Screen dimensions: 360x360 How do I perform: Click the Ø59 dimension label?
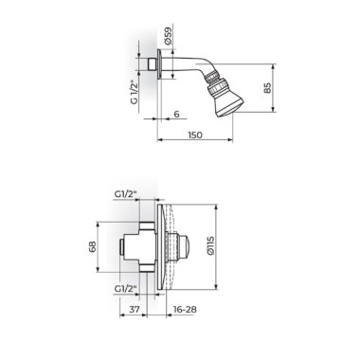pyautogui.click(x=169, y=35)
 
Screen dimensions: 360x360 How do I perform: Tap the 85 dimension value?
pyautogui.click(x=267, y=88)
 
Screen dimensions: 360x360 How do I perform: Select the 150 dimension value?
pyautogui.click(x=195, y=135)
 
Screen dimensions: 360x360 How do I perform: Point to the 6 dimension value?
pyautogui.click(x=176, y=114)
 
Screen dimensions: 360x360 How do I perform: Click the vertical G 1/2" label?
pyautogui.click(x=135, y=92)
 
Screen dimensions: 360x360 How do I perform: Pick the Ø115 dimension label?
pyautogui.click(x=211, y=245)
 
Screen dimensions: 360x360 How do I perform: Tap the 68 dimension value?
pyautogui.click(x=92, y=246)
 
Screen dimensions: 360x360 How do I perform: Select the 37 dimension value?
pyautogui.click(x=135, y=309)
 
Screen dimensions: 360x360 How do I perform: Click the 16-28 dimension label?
pyautogui.click(x=185, y=309)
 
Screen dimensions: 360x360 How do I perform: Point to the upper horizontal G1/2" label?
pyautogui.click(x=126, y=195)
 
